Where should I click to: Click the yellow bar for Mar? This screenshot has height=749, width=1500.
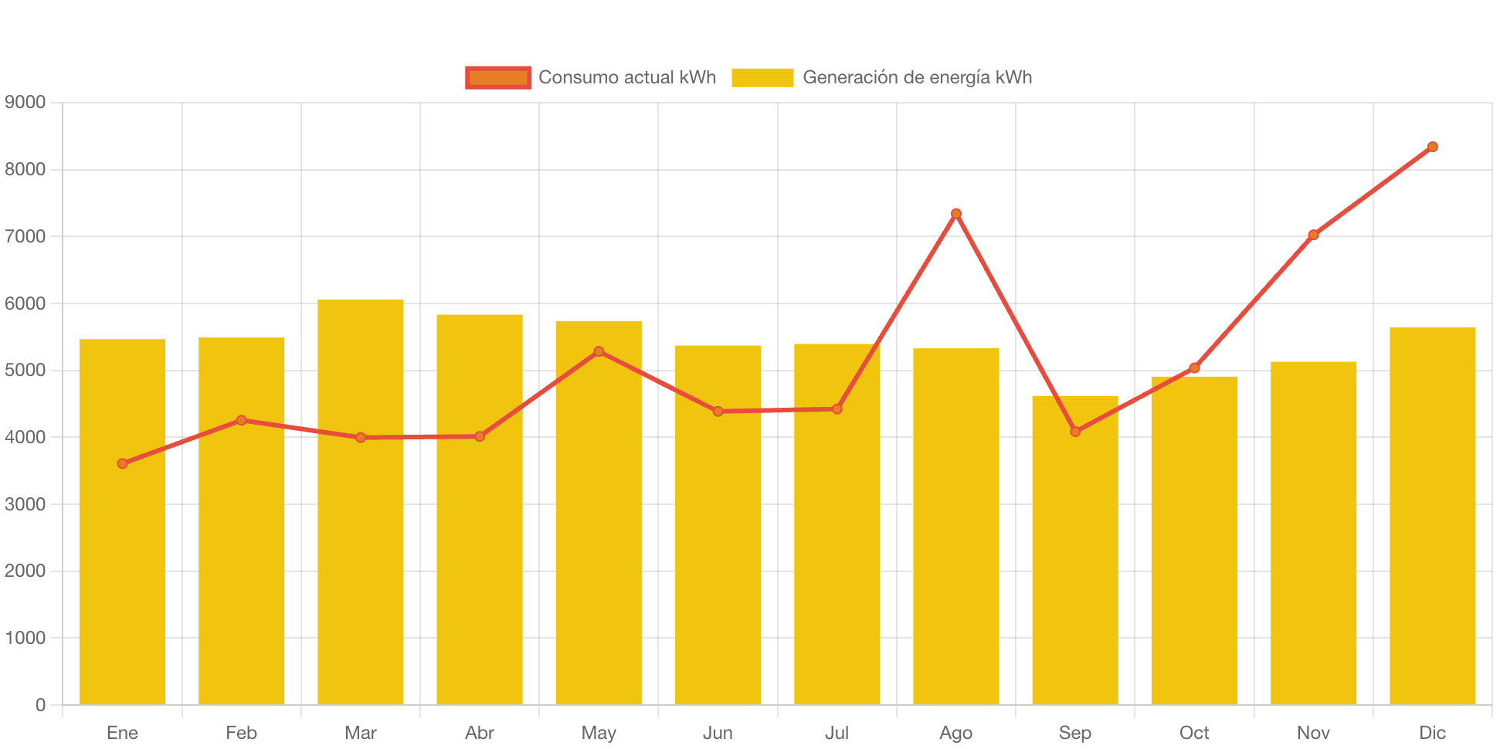pos(360,502)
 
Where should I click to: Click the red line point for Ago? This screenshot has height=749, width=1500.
pos(955,213)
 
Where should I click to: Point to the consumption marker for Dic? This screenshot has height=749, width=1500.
pos(1432,147)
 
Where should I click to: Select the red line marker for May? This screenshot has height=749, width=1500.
pos(599,351)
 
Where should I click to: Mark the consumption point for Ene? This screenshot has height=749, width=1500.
pos(122,463)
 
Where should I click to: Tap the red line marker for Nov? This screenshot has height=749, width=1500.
pos(1313,235)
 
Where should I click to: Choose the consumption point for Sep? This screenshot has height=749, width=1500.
pos(1074,432)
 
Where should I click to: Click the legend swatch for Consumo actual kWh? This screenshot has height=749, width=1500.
pos(498,77)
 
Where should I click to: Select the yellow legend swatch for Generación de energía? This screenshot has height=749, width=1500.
pos(762,77)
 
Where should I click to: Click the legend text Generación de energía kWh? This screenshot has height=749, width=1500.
pos(917,77)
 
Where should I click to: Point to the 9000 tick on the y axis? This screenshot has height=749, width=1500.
pos(25,102)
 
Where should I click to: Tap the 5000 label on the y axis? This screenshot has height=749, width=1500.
pos(25,370)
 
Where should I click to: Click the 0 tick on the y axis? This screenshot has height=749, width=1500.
pos(40,705)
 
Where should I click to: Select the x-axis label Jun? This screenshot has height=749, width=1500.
pos(718,733)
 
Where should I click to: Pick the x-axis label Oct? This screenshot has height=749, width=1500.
pos(1194,733)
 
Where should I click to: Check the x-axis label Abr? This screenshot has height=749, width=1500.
pos(479,733)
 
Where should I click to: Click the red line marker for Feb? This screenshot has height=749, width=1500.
pos(241,420)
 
